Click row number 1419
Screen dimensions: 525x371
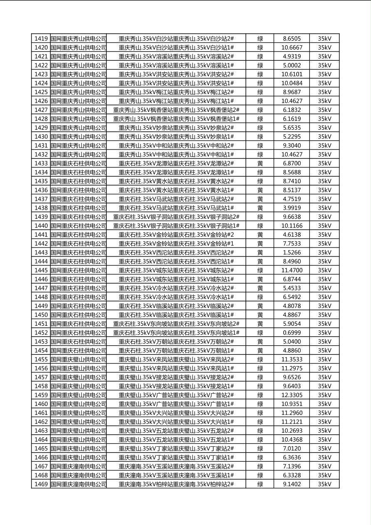(x=41, y=39)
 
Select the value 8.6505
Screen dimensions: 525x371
(x=292, y=39)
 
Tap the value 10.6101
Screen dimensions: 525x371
(x=292, y=74)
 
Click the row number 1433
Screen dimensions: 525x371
(x=41, y=163)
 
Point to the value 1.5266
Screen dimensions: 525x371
(x=292, y=253)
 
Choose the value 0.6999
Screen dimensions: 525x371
(x=292, y=333)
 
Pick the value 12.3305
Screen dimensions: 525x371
(x=292, y=395)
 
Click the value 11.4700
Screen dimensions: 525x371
(x=292, y=270)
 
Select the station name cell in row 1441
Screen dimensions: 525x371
(x=176, y=235)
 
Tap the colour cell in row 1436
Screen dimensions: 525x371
(x=260, y=190)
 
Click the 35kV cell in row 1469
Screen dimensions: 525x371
(x=324, y=484)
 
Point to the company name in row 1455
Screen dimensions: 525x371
(x=79, y=359)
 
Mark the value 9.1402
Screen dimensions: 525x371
(x=292, y=484)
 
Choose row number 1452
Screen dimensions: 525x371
(x=41, y=333)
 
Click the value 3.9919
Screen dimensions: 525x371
(x=292, y=208)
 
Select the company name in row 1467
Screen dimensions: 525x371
(x=79, y=466)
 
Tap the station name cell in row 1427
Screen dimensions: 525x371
(x=176, y=110)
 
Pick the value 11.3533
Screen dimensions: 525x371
(x=292, y=359)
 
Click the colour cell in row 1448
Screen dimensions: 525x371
(x=260, y=297)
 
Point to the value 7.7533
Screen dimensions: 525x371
(x=292, y=243)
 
